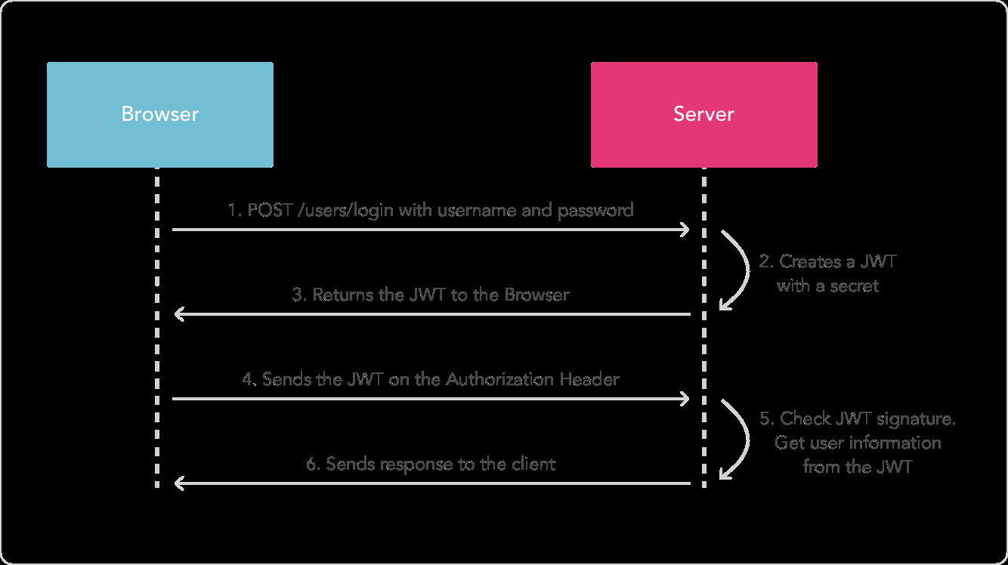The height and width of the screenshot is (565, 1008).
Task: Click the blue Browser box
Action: [x=159, y=114]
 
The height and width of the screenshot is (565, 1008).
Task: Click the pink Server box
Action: [x=703, y=114]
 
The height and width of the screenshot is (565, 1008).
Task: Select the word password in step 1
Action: [x=595, y=210]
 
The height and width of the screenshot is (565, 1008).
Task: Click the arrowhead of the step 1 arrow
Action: [x=685, y=229]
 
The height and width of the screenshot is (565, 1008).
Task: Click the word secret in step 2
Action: [x=855, y=286]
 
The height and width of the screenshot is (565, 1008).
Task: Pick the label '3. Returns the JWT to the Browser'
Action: [x=431, y=295]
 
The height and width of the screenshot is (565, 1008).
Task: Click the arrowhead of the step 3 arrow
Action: [x=178, y=313]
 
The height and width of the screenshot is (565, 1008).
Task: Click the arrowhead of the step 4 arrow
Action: [x=685, y=398]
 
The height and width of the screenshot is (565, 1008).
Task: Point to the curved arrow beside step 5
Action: [x=737, y=440]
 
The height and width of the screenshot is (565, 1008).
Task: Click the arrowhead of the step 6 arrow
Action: [x=178, y=483]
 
